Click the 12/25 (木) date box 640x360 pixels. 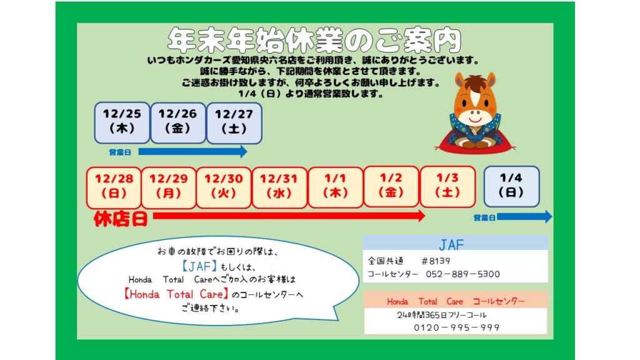click(122, 122)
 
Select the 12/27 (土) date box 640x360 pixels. click(234, 123)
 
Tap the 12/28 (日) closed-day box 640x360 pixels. click(114, 187)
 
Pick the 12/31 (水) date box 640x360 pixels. click(279, 187)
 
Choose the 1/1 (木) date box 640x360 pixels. click(336, 187)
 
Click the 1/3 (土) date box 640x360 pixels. click(447, 186)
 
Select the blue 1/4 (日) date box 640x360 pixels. click(511, 186)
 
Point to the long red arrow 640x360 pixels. click(289, 216)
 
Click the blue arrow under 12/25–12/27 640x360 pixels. click(192, 151)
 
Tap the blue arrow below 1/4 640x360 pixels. click(524, 216)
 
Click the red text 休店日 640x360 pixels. click(121, 219)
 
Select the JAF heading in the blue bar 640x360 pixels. click(451, 244)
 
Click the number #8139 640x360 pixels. click(436, 261)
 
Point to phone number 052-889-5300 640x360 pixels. click(463, 274)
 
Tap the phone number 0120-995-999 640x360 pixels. click(457, 327)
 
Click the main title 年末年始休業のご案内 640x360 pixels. click(314, 40)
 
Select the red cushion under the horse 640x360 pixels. click(475, 144)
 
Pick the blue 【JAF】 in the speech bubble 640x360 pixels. click(199, 266)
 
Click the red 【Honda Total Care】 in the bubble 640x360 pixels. click(176, 294)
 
